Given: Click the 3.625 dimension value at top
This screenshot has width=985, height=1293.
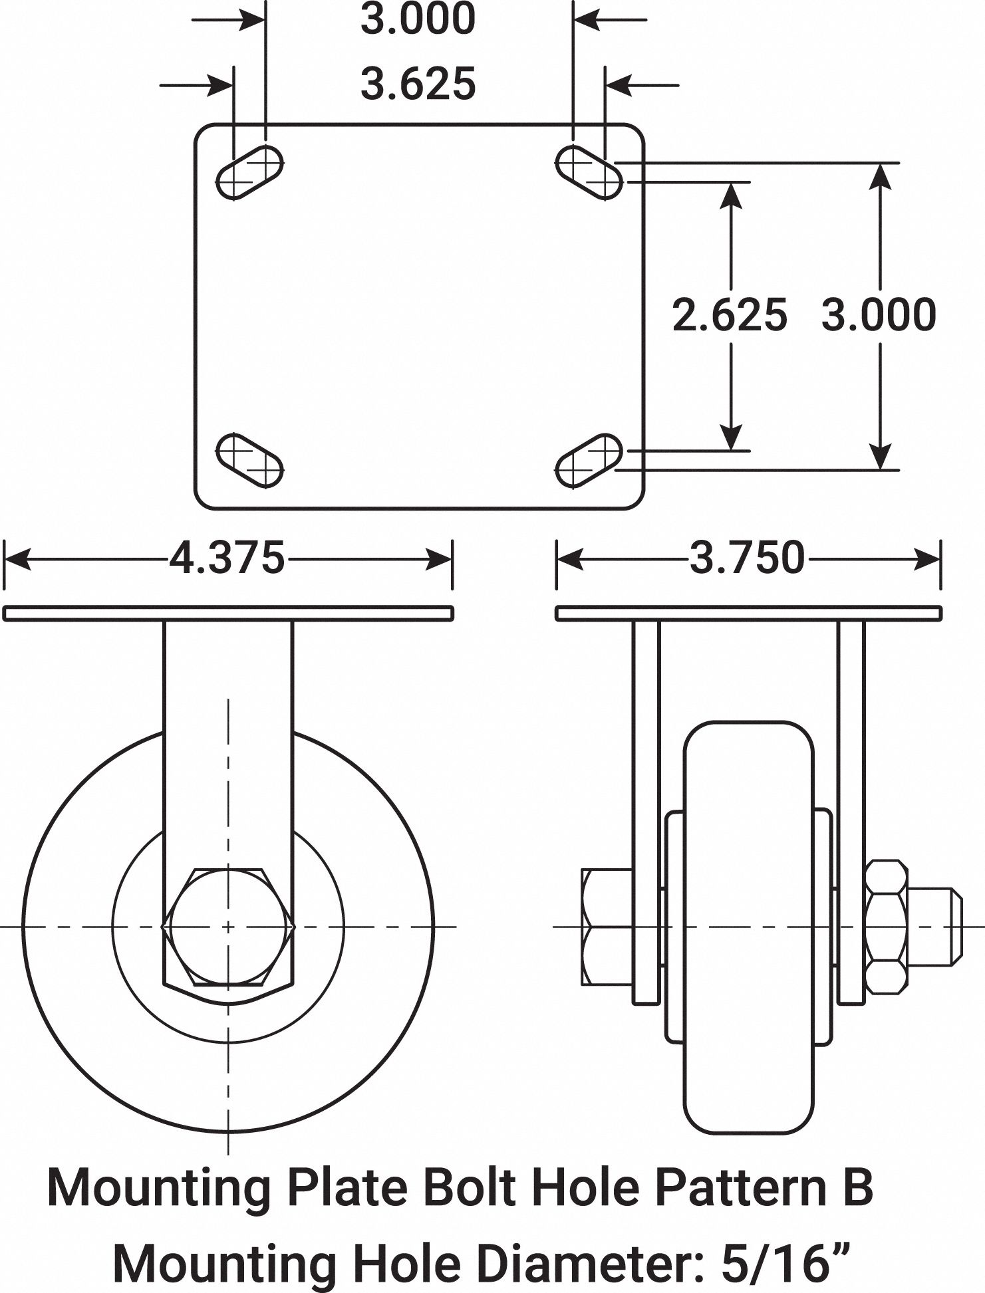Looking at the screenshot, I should [418, 84].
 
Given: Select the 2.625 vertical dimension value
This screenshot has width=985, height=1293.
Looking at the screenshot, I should [730, 314].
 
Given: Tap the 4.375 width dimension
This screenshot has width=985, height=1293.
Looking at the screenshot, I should [227, 558].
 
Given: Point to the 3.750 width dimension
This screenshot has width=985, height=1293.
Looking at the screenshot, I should [747, 558].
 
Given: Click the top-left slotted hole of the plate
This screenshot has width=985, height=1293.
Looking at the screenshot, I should [250, 172].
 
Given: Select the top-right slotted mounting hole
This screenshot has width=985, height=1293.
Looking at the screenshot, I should [589, 172].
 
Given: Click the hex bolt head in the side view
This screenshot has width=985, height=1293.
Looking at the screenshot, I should [607, 927].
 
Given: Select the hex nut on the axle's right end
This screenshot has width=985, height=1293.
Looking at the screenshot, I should [887, 927].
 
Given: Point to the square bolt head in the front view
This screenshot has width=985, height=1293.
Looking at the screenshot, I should [228, 926].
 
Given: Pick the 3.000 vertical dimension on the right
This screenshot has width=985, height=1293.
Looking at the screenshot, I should [879, 314].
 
